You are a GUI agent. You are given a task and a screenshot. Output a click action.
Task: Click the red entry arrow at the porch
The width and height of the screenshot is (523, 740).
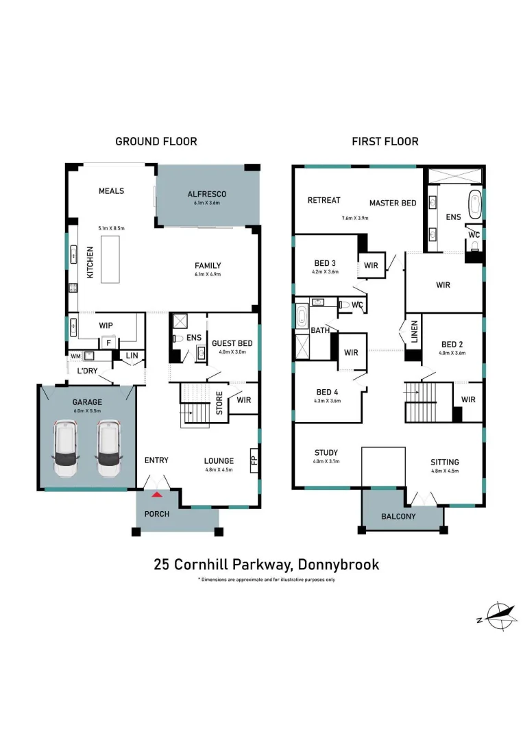[157, 495]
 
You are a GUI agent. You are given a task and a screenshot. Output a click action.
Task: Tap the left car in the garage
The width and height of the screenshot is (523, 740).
[66, 449]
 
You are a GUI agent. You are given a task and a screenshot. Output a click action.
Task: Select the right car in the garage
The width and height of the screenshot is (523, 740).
[109, 449]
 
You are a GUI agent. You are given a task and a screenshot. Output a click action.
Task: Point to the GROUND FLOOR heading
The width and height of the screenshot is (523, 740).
[156, 142]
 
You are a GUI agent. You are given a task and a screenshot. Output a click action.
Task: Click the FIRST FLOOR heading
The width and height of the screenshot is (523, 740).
[385, 142]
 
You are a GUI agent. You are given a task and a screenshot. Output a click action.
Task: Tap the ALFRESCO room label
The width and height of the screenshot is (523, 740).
[207, 194]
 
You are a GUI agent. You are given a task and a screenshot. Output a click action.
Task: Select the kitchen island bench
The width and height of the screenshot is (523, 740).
[110, 260]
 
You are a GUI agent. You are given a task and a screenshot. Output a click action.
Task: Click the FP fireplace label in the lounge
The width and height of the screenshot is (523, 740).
[254, 460]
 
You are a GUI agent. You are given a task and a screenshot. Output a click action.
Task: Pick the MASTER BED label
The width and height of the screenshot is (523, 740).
[393, 203]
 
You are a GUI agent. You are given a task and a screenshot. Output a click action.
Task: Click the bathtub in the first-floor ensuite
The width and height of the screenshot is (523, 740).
[474, 204]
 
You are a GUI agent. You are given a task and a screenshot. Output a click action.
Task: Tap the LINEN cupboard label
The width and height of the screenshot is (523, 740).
[415, 332]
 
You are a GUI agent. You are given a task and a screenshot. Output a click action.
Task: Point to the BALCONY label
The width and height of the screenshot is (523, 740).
[398, 517]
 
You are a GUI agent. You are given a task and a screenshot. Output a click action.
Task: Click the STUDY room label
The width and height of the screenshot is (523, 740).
[326, 453]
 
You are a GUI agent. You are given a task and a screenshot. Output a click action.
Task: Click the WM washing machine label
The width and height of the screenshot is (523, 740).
[75, 356]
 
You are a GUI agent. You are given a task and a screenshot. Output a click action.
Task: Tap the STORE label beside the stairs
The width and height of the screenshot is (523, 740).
[219, 403]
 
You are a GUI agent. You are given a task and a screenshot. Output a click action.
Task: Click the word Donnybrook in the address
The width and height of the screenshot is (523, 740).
[339, 565]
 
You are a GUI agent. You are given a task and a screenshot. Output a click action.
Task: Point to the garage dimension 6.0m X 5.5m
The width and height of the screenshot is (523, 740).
[87, 410]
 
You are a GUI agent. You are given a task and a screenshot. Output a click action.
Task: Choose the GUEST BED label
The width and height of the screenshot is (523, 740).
[232, 343]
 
